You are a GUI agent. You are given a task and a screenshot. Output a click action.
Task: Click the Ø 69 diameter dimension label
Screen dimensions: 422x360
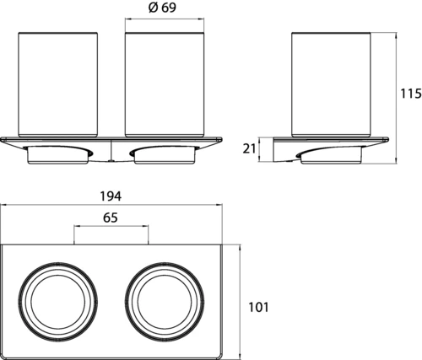coord(162,8)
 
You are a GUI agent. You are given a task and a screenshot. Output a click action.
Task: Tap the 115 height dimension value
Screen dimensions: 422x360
coord(411,94)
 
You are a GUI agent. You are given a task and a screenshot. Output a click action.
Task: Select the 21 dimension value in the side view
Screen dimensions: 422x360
coord(249,148)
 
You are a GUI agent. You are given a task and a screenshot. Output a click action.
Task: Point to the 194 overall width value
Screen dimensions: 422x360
coord(111,196)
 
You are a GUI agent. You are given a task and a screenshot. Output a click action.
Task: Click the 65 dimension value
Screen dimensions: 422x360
coord(111,218)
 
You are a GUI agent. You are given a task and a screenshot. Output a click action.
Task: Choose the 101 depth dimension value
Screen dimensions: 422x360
coord(258,307)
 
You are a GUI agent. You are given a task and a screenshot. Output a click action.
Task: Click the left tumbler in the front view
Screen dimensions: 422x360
coord(58,84)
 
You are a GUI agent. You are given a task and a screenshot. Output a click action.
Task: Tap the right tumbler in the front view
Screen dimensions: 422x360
coord(165,84)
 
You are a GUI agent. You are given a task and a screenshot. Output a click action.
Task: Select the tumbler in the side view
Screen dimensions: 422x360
coord(331,84)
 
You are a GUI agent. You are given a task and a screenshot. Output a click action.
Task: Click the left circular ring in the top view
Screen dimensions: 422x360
coord(19,302)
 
